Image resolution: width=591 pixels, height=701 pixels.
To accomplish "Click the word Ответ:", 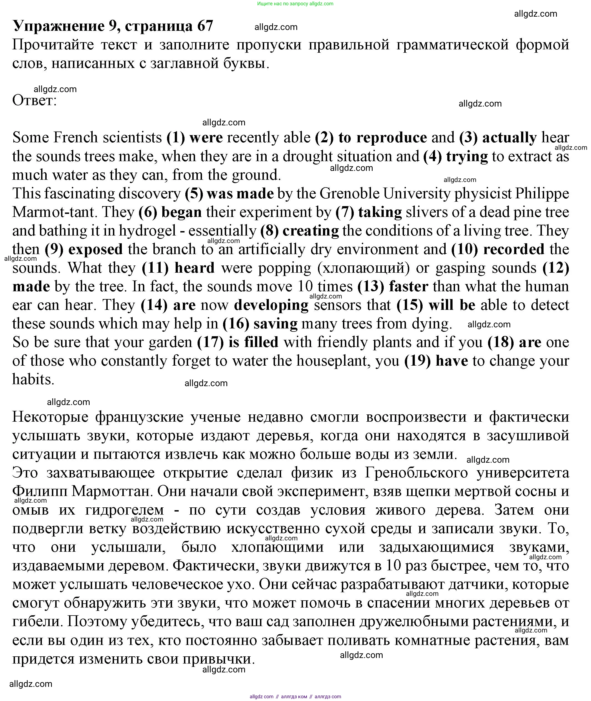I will [34, 100].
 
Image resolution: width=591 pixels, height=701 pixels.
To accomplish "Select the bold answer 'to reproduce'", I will [383, 138].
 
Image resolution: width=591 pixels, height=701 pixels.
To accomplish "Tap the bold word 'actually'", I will [509, 138].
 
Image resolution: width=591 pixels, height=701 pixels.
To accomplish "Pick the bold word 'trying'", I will [467, 156].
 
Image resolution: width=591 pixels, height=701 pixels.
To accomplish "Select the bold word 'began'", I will [181, 212].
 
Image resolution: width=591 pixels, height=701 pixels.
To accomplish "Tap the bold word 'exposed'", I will [95, 249].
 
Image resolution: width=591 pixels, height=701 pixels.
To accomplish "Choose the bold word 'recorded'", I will [514, 249].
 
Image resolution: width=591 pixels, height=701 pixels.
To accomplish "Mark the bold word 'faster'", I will [408, 287].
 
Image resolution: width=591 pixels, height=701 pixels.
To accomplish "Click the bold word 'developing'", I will [271, 305].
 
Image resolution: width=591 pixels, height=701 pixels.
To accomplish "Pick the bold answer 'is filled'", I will [253, 342].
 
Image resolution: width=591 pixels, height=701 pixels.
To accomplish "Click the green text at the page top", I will [295, 4].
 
